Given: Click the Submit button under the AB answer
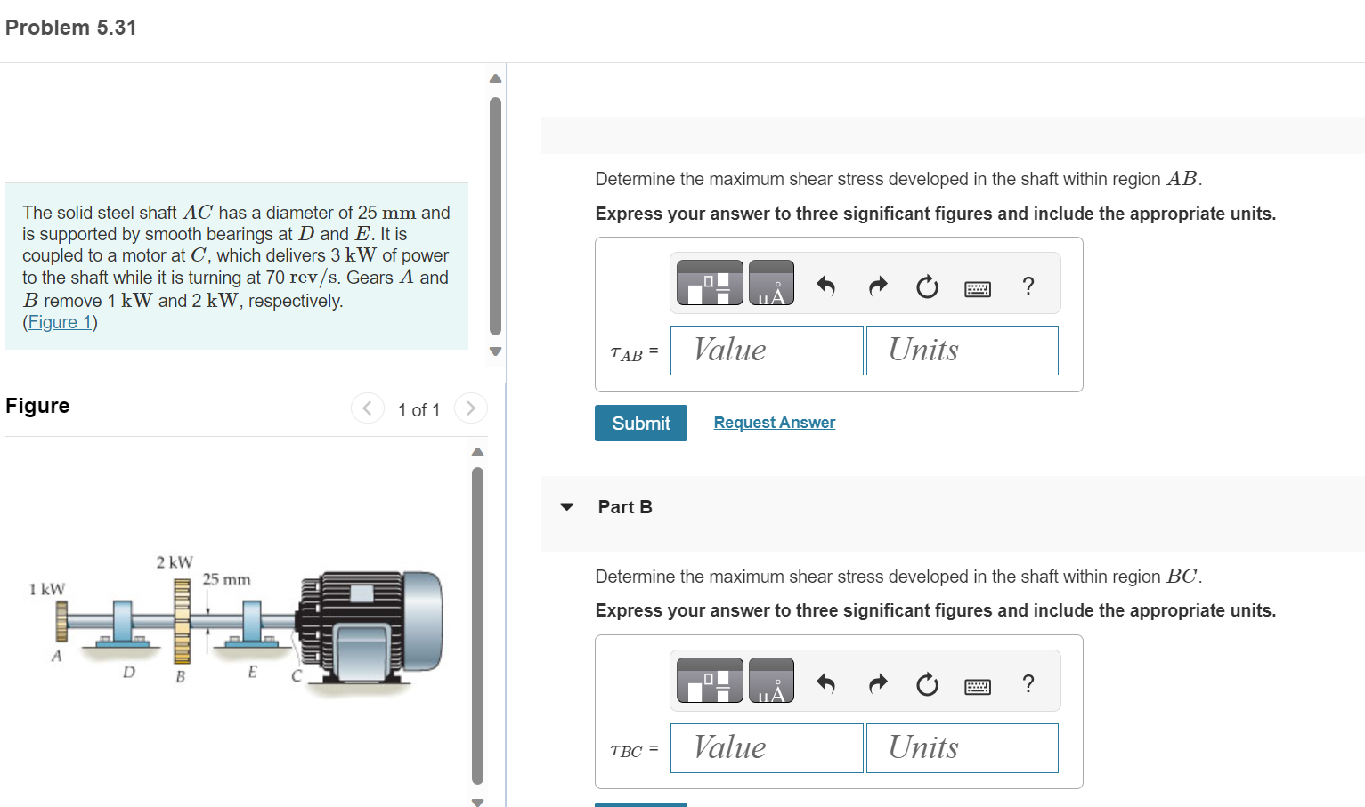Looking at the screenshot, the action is (640, 423).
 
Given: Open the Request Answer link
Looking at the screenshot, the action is (774, 422).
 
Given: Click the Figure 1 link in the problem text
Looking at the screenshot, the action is (60, 321).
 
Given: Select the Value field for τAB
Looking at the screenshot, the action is (767, 351).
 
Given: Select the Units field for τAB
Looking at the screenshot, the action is (963, 351).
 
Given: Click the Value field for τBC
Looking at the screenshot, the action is (767, 748).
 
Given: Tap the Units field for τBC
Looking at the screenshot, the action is (963, 748).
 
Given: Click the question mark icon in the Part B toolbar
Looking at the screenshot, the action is (1028, 683).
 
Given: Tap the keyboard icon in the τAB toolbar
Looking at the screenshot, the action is (978, 288).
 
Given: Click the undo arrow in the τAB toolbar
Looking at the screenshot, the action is (825, 286).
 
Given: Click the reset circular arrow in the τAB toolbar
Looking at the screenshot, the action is (928, 286).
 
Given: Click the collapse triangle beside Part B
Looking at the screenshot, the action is (566, 507).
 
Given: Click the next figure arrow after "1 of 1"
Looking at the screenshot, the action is (470, 408).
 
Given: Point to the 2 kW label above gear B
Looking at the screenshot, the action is (175, 561).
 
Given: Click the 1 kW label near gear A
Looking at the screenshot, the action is (47, 589).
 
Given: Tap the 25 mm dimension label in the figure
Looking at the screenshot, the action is (226, 579).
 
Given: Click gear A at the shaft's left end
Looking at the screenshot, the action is (61, 621).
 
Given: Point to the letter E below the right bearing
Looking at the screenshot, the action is (252, 672).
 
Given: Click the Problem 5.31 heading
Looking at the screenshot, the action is (70, 28).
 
